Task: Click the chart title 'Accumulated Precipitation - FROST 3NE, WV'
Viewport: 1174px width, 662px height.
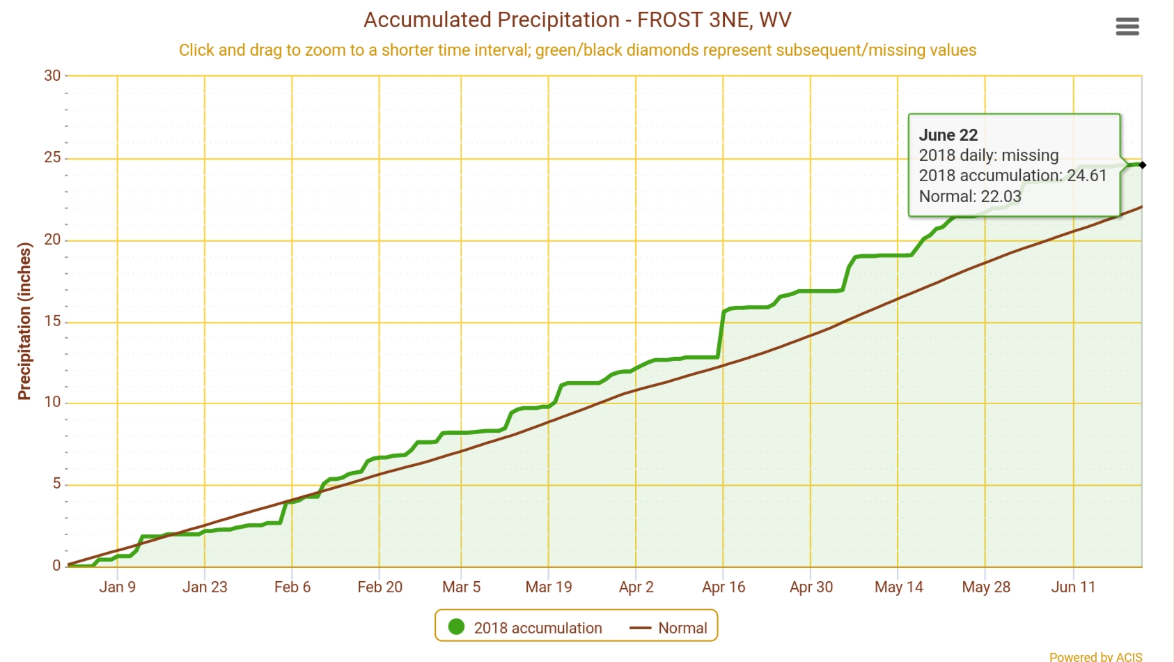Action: tap(577, 20)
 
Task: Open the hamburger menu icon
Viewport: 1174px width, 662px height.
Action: tap(1127, 27)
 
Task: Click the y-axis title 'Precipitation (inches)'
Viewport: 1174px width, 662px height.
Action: tap(25, 321)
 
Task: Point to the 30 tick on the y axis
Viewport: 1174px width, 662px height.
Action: tap(52, 76)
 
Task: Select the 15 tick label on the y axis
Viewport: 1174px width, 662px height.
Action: tap(52, 321)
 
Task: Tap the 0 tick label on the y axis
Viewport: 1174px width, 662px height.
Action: tap(56, 566)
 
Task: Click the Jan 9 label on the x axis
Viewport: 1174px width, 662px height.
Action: tap(117, 587)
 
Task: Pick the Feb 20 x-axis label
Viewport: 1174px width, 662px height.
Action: tap(379, 587)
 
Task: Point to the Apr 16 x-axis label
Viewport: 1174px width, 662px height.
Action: tap(723, 587)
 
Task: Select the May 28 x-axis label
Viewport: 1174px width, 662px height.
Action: tap(986, 587)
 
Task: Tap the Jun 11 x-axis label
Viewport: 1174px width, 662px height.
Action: tap(1073, 587)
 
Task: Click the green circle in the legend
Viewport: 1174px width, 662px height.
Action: tap(456, 627)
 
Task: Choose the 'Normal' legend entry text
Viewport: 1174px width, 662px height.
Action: tap(682, 628)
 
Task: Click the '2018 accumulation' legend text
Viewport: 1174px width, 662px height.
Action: tap(538, 628)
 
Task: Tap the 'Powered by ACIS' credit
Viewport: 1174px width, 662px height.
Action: tap(1095, 656)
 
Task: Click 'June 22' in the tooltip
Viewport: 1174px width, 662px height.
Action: tap(948, 135)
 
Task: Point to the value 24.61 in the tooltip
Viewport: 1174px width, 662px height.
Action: tap(1086, 176)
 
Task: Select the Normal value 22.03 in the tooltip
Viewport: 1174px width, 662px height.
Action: tap(1001, 197)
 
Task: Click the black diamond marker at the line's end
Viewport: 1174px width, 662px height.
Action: tap(1142, 165)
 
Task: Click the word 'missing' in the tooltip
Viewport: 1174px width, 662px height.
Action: tap(1030, 155)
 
